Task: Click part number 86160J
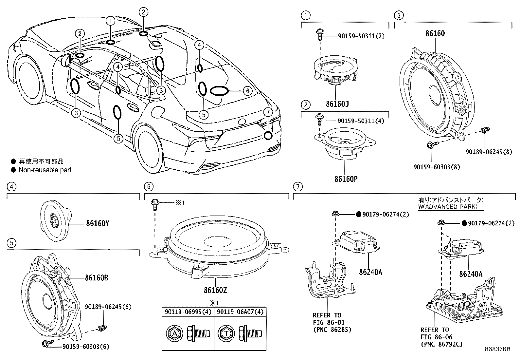(x=337, y=104)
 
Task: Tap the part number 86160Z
(x=215, y=290)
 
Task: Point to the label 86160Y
(x=98, y=223)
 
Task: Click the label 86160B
(x=97, y=278)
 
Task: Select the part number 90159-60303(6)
(x=85, y=346)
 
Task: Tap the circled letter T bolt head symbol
(x=226, y=333)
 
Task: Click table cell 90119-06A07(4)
(x=240, y=312)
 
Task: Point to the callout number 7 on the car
(x=268, y=112)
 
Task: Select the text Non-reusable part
(x=45, y=170)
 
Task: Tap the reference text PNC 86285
(x=332, y=330)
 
